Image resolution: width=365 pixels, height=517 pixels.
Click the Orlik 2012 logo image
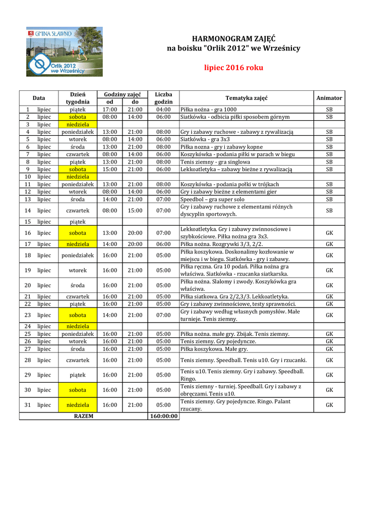pyautogui.click(x=64, y=51)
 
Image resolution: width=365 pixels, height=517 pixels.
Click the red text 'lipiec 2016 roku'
pyautogui.click(x=233, y=67)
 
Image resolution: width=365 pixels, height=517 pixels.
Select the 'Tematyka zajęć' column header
pyautogui.click(x=247, y=98)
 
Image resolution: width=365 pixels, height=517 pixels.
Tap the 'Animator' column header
pyautogui.click(x=329, y=98)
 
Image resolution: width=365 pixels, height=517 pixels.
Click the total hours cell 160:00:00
pyautogui.click(x=163, y=416)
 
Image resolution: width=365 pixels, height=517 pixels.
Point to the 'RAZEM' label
pyautogui.click(x=84, y=416)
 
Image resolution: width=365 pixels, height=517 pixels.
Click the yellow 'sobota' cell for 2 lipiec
pyautogui.click(x=78, y=117)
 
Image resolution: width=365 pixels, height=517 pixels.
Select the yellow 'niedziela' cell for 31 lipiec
pyautogui.click(x=78, y=405)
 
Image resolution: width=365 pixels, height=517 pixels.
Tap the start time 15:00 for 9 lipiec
pyautogui.click(x=110, y=170)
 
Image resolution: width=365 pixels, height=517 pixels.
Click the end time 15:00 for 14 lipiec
pyautogui.click(x=135, y=211)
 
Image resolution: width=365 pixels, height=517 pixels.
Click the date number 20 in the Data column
pyautogui.click(x=28, y=285)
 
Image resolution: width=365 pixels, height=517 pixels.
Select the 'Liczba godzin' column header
pyautogui.click(x=163, y=98)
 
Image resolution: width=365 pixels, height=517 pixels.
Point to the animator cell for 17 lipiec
pyautogui.click(x=329, y=244)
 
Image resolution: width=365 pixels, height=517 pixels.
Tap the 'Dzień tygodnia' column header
pyautogui.click(x=78, y=98)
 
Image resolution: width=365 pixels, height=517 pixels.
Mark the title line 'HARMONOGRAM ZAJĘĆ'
pyautogui.click(x=233, y=39)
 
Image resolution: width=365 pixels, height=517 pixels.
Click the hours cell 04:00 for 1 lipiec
pyautogui.click(x=163, y=110)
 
